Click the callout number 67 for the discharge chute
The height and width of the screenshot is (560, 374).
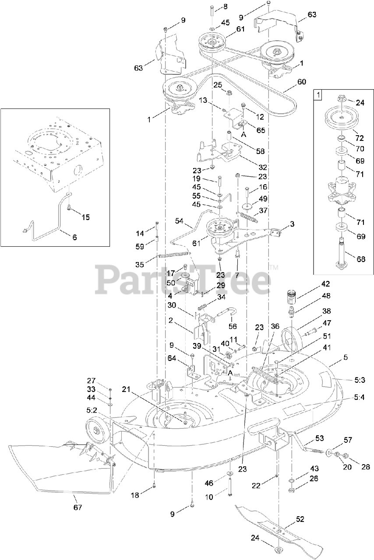click(x=78, y=507)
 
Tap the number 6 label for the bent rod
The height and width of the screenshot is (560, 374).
click(x=74, y=237)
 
